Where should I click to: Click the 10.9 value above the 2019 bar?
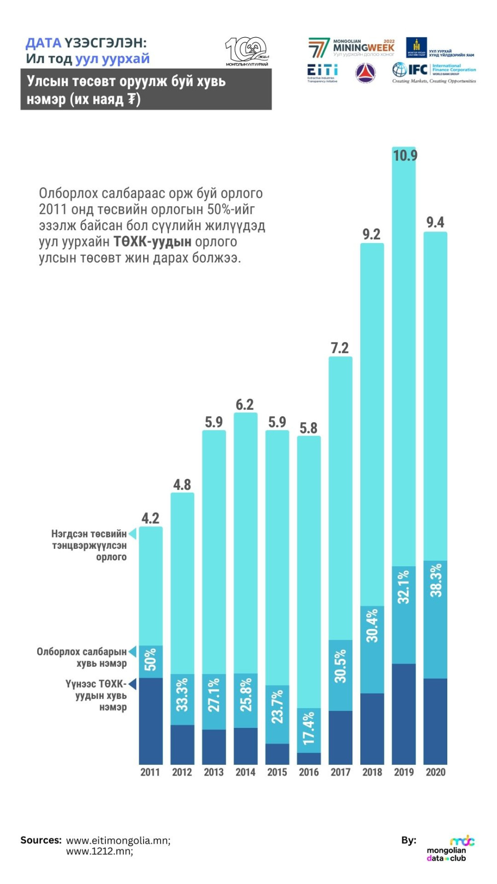pyautogui.click(x=405, y=156)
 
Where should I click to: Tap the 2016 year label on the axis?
pyautogui.click(x=309, y=772)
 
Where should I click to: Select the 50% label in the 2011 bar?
pyautogui.click(x=151, y=660)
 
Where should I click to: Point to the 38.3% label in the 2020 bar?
pyautogui.click(x=436, y=580)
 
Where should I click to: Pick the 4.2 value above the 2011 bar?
pyautogui.click(x=150, y=518)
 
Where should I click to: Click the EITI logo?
pyautogui.click(x=322, y=73)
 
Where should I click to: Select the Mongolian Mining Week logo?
pyautogui.click(x=351, y=48)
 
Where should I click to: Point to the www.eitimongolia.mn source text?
pyautogui.click(x=118, y=840)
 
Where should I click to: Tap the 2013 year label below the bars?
pyautogui.click(x=214, y=772)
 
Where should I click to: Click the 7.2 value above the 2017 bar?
pyautogui.click(x=340, y=348)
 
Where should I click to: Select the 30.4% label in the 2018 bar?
pyautogui.click(x=372, y=625)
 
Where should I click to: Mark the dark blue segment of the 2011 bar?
pyautogui.click(x=151, y=720)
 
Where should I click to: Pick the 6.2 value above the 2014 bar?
pyautogui.click(x=245, y=404)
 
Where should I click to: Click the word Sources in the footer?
pyautogui.click(x=41, y=840)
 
